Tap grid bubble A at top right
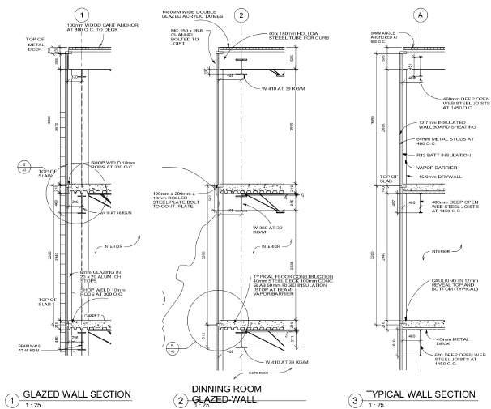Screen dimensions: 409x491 [x=397, y=15]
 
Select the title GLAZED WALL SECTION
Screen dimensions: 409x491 [x=78, y=394]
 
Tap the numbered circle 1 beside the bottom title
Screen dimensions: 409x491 [x=11, y=398]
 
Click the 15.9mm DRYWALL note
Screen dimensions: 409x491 [x=437, y=176]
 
